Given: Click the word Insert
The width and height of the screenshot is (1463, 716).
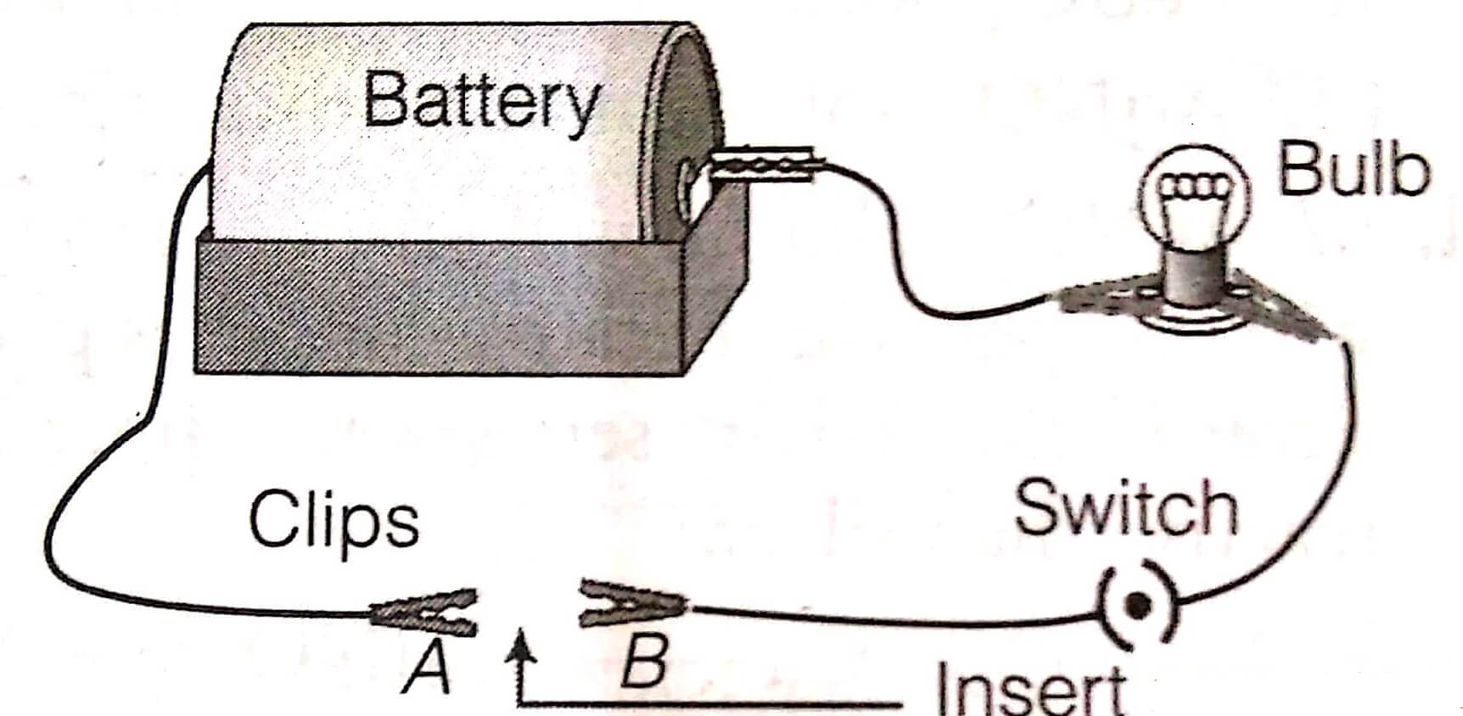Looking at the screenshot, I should tap(1031, 689).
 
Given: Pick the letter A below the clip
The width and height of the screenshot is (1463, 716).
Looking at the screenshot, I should tap(427, 666).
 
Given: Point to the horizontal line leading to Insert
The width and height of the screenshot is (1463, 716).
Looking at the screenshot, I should tap(713, 703).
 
